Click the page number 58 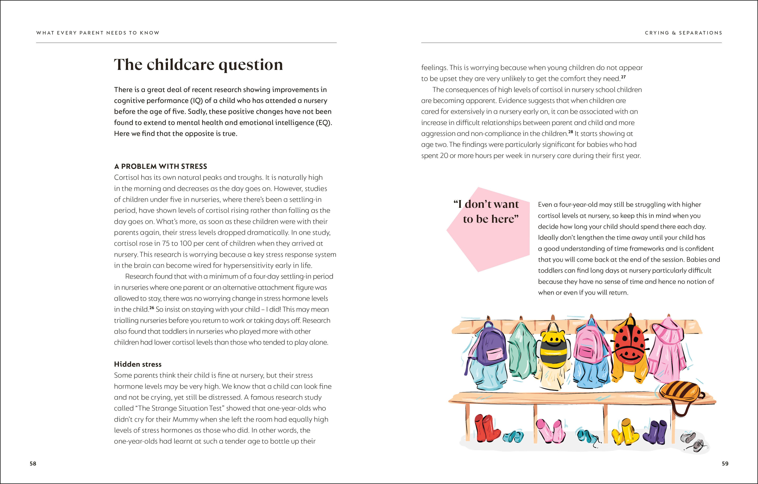coord(33,463)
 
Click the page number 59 coord(725,463)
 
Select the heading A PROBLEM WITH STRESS coord(160,167)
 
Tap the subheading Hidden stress coord(138,364)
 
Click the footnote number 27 coord(623,77)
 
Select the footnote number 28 coord(571,132)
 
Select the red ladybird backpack coord(629,346)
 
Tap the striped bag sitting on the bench coord(680,393)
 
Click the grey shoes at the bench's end coord(692,441)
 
